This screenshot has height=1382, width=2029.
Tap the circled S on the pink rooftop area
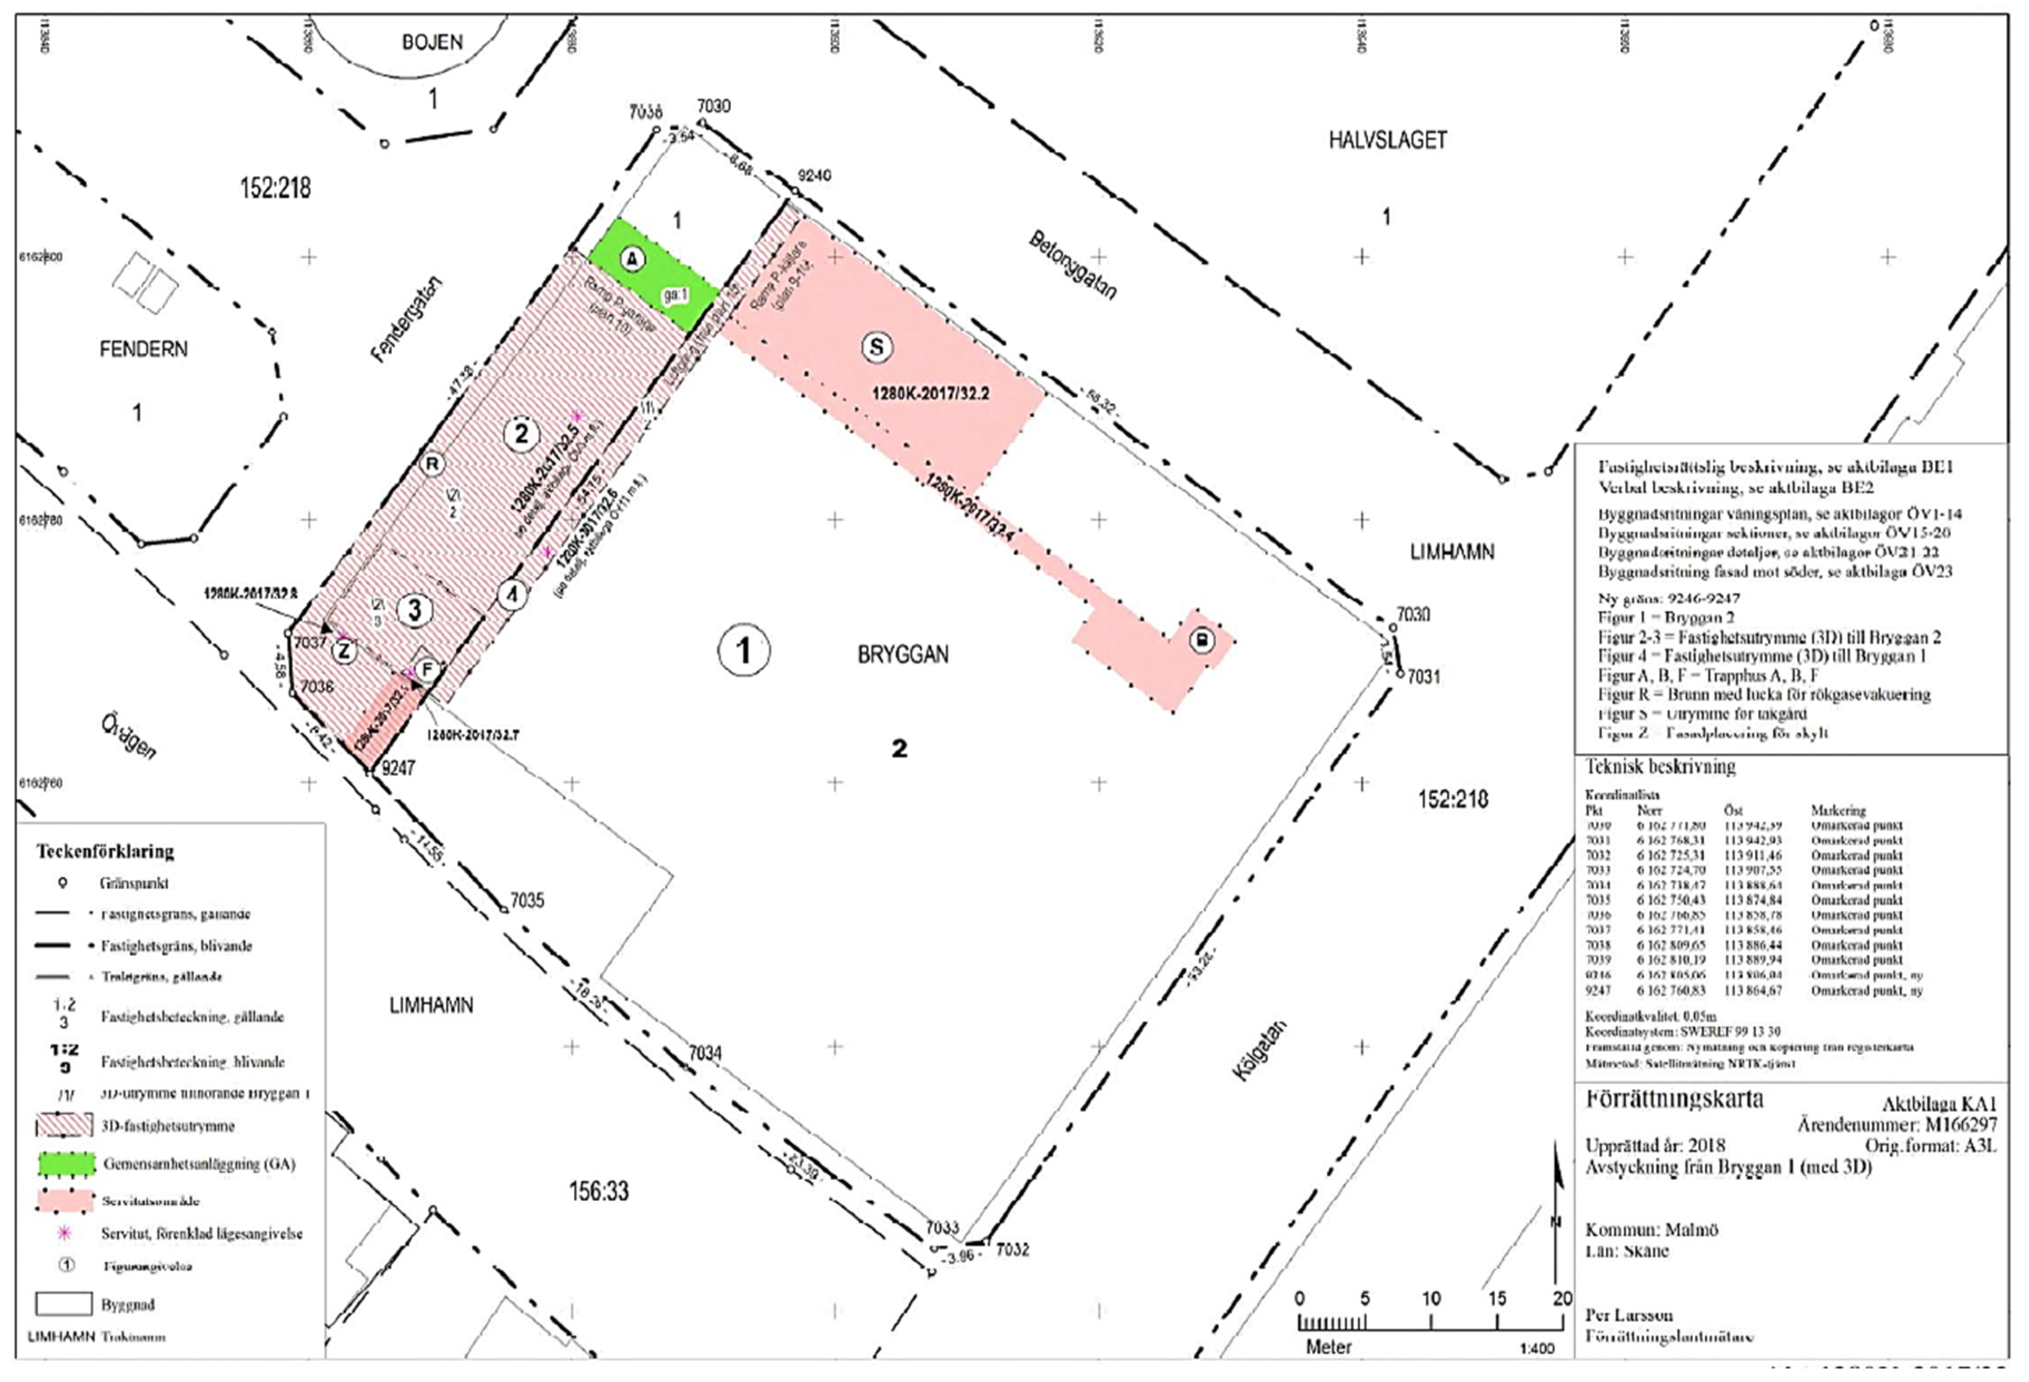click(x=876, y=347)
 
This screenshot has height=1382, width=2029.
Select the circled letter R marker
click(x=432, y=464)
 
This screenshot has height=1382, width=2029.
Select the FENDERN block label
click(x=143, y=349)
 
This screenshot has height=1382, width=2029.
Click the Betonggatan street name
click(x=1073, y=265)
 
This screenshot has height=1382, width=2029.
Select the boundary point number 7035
click(x=527, y=900)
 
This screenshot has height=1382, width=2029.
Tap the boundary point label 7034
click(x=705, y=1054)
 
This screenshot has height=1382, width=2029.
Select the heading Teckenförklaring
click(x=105, y=851)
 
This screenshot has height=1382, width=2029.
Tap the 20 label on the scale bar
click(x=1561, y=1298)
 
